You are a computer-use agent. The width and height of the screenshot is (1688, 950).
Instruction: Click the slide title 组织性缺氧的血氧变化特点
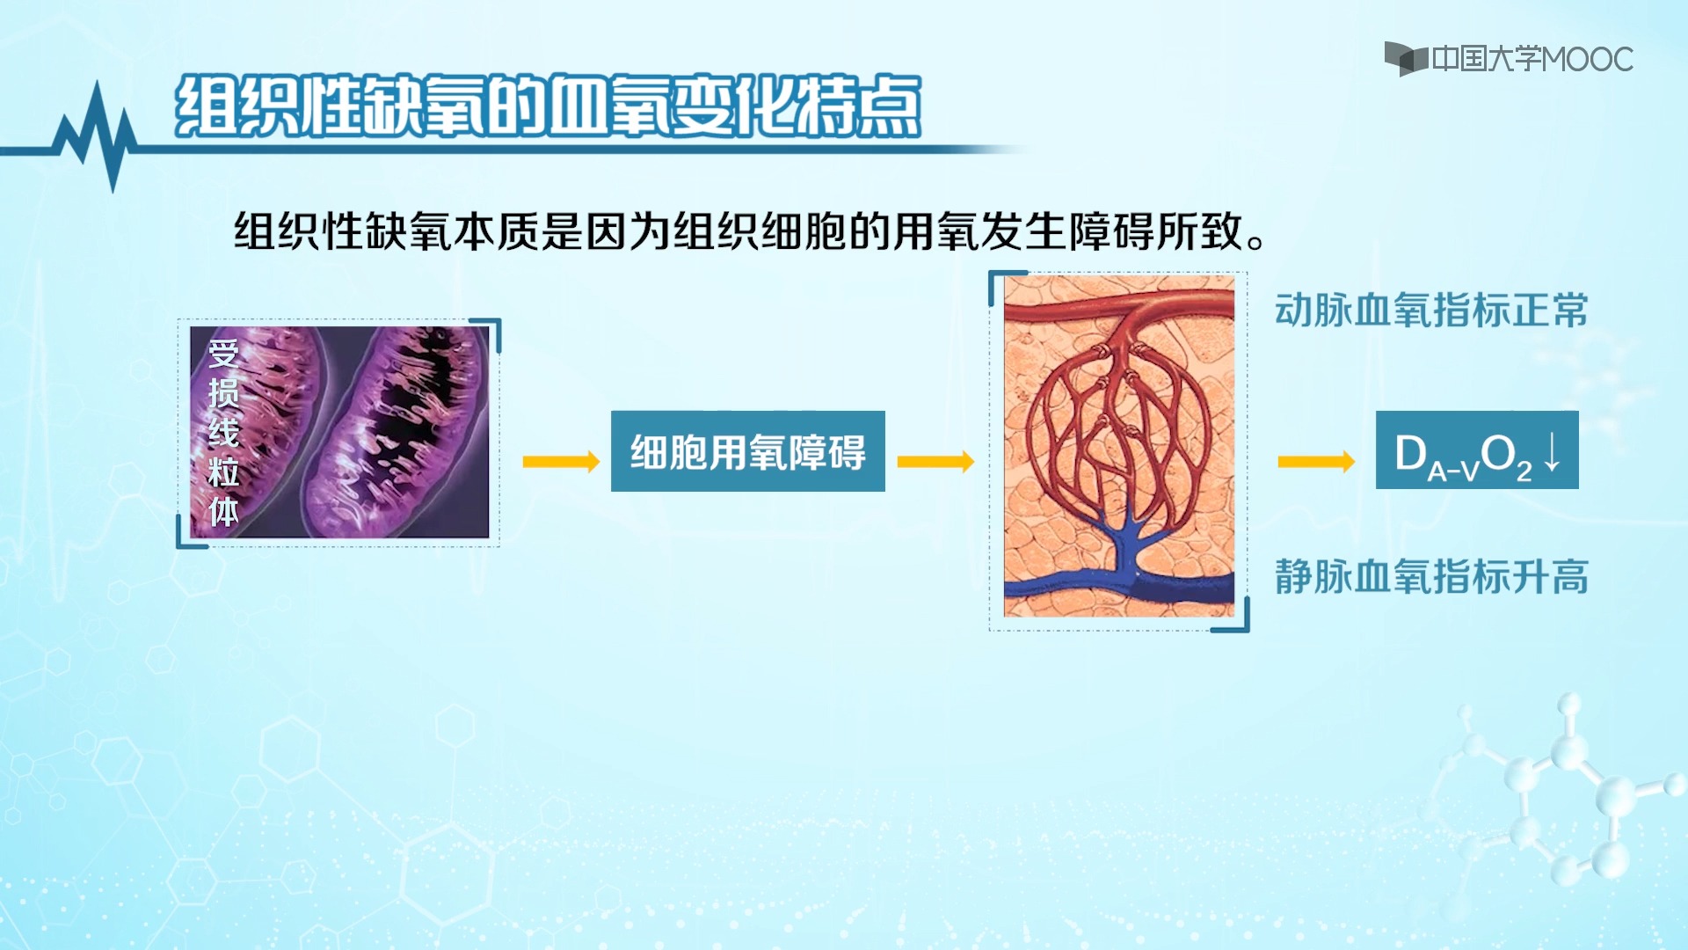click(547, 106)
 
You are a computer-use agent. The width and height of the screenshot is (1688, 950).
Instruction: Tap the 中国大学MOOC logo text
click(1532, 59)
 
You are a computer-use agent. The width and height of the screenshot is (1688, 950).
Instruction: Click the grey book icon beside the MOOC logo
click(1405, 58)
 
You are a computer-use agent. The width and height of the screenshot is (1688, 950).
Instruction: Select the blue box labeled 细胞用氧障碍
click(747, 451)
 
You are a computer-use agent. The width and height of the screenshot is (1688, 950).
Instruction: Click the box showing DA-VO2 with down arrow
click(1476, 451)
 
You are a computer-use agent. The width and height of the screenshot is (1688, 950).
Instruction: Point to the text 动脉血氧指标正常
click(1430, 311)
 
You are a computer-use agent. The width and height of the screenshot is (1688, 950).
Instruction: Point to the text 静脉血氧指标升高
click(1430, 577)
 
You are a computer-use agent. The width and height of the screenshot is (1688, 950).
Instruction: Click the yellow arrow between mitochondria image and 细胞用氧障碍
click(560, 462)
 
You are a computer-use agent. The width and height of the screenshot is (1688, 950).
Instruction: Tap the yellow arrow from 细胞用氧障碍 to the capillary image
click(935, 462)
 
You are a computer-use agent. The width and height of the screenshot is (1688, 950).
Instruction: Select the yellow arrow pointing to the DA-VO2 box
click(1315, 462)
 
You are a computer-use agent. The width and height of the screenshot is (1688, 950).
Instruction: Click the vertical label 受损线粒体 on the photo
click(223, 433)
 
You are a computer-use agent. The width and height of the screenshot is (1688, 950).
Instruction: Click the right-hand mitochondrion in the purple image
click(404, 422)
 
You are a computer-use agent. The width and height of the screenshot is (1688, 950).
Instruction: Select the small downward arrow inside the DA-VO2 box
click(1553, 450)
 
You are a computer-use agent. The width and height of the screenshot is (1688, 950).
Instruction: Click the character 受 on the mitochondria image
click(223, 354)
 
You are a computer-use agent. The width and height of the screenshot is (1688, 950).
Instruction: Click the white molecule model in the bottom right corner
click(1574, 792)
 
